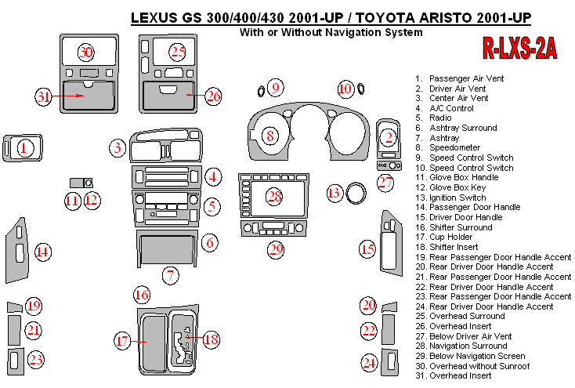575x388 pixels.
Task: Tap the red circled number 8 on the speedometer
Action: (x=269, y=136)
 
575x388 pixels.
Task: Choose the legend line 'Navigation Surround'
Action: (x=468, y=346)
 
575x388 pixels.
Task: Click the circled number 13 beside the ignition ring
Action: (x=335, y=193)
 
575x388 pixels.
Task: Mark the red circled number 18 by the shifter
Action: (x=211, y=339)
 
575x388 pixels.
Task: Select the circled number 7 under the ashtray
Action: (x=171, y=274)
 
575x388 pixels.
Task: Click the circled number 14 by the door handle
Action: (x=42, y=252)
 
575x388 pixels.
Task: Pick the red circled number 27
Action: (x=385, y=183)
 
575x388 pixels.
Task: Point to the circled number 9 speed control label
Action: (x=276, y=87)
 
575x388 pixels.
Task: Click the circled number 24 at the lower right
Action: (x=369, y=362)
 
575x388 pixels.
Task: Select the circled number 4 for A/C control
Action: (x=212, y=177)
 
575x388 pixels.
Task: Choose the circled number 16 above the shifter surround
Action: (x=141, y=296)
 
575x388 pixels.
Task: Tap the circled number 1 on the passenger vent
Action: (x=24, y=147)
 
